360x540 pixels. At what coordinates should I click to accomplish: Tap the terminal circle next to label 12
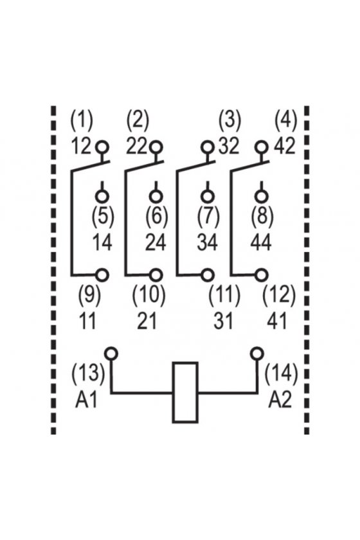102,147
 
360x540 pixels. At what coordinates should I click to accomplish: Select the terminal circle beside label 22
156,147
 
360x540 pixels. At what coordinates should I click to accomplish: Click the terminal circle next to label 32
208,147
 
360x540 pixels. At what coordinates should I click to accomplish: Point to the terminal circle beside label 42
262,147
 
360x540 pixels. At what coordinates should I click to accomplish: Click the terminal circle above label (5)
102,196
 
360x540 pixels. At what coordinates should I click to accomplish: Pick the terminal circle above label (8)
262,196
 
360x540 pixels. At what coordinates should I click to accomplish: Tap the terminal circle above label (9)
102,275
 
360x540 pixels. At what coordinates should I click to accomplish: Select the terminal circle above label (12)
262,275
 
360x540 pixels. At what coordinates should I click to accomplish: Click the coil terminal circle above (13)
112,354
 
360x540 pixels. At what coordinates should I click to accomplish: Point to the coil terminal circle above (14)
257,354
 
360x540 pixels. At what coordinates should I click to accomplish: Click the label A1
86,400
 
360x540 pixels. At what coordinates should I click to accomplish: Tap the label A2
280,400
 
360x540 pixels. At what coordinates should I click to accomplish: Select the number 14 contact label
102,242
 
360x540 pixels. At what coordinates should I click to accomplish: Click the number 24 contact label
156,242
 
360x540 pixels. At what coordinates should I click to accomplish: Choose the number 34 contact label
208,242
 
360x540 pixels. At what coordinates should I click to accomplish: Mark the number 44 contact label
261,242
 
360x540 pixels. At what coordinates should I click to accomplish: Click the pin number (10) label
149,296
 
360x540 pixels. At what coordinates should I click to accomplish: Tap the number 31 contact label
223,321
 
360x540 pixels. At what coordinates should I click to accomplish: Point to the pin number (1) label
82,121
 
